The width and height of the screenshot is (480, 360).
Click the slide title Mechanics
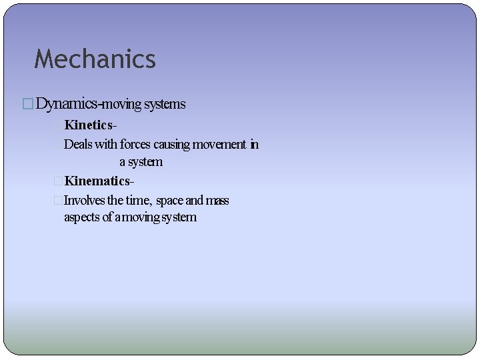(95, 59)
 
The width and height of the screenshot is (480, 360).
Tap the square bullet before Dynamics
(27, 105)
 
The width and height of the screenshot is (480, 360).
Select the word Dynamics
(66, 104)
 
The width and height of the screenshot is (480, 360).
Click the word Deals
(78, 144)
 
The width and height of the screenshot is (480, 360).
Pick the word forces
(135, 144)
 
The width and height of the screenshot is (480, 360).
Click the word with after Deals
(106, 144)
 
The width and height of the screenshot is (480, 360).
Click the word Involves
(85, 200)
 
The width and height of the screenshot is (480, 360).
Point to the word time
(137, 200)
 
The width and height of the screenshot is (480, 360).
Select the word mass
(217, 200)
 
